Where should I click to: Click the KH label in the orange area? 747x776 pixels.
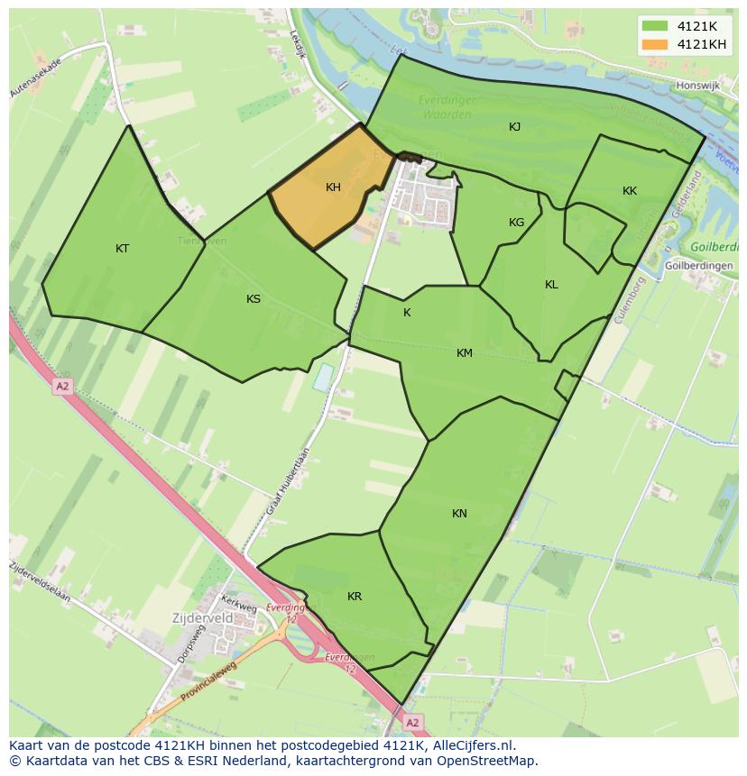pos(333,187)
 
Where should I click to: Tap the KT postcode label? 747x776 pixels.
pos(123,249)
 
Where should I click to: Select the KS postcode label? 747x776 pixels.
pos(254,298)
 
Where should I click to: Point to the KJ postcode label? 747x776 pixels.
pos(514,127)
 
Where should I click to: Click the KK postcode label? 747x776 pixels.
pos(630,190)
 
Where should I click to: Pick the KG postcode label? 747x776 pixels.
pos(516,223)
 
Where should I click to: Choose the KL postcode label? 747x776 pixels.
pos(551,285)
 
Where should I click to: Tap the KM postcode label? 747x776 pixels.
pos(465,353)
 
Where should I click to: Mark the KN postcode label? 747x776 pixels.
pos(459,514)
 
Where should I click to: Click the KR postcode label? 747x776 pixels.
pos(355,597)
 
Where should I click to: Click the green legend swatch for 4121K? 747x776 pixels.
pos(655,26)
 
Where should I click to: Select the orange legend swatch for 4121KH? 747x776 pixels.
pos(655,44)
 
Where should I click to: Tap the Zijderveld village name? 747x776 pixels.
pos(203,619)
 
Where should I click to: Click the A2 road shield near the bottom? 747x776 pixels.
pos(412,723)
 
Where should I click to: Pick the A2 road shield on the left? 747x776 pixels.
pos(61,386)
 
